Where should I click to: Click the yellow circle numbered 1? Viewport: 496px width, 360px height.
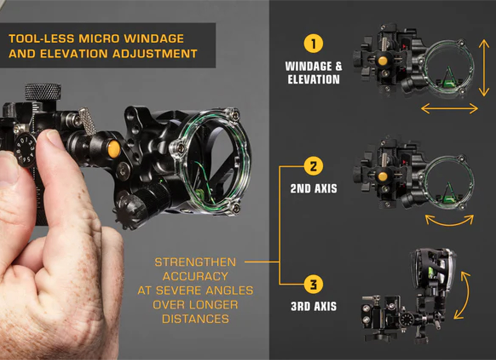[313, 43]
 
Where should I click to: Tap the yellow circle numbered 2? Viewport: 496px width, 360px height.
[313, 166]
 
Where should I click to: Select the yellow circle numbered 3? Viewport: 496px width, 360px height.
[313, 284]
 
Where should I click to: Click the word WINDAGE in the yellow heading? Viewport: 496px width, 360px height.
[154, 38]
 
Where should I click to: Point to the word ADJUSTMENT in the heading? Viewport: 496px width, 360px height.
[155, 54]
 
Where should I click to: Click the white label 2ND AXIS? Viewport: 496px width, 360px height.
[313, 188]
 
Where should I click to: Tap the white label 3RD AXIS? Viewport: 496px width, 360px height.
[313, 306]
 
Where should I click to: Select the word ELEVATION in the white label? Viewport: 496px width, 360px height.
[313, 79]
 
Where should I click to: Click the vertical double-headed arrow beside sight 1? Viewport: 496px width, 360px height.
[484, 68]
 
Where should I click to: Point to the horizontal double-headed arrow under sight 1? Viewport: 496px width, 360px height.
[449, 109]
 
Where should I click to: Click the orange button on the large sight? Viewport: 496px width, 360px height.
[114, 149]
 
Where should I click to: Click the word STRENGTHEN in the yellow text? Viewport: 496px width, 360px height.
[195, 262]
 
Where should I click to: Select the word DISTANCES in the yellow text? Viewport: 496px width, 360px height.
[195, 319]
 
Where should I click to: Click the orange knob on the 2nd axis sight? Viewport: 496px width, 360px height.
[383, 176]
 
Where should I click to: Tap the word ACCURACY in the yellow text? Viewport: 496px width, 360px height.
[195, 276]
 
